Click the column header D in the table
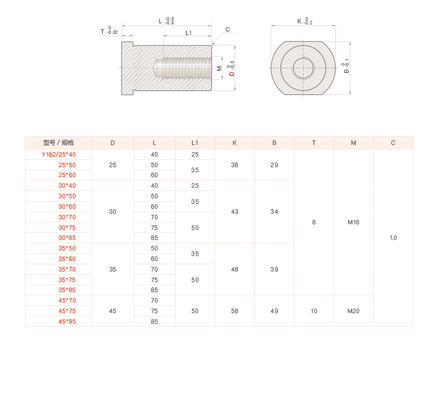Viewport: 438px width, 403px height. point(113,143)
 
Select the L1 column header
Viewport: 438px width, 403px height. point(195,143)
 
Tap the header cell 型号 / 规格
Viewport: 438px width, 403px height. point(58,143)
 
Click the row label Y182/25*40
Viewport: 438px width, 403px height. point(59,154)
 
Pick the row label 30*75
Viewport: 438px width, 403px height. point(67,227)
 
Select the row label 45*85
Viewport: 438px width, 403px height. point(67,321)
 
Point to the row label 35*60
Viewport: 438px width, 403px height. point(67,259)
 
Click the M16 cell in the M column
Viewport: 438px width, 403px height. point(353,222)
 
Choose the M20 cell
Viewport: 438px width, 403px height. point(353,311)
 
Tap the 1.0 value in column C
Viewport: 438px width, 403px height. point(393,238)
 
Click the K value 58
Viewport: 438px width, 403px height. point(235,311)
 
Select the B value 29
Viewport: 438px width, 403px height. point(274,165)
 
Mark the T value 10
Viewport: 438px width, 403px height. point(314,311)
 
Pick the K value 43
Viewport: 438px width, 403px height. point(235,211)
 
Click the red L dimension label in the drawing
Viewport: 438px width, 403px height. point(160,22)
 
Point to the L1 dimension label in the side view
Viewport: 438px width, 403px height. point(189,33)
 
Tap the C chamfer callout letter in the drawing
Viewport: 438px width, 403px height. point(227,29)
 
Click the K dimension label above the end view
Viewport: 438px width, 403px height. point(299,21)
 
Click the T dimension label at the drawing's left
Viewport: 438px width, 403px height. point(102,32)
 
